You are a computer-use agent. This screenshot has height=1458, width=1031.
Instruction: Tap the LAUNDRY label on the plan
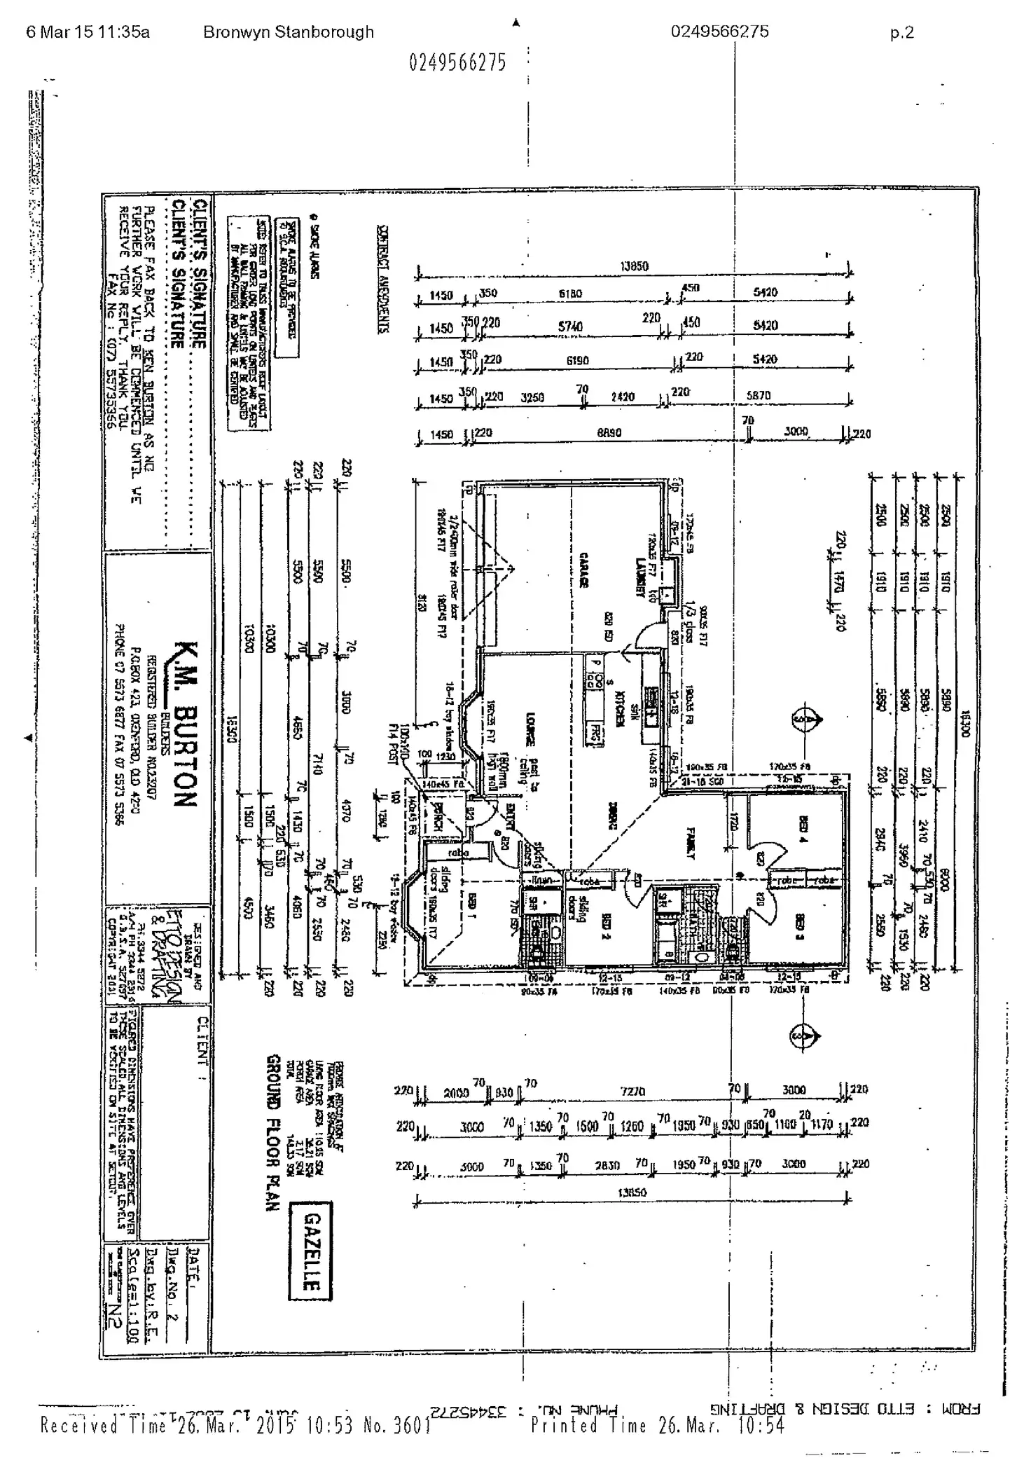click(x=639, y=577)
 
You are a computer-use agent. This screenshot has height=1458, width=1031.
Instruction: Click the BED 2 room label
click(x=603, y=926)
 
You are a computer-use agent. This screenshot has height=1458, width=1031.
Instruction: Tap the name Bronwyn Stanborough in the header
click(x=288, y=32)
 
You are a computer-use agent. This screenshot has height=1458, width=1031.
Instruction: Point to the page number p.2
click(x=901, y=32)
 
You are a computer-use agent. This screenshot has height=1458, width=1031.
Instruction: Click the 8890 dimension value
click(x=609, y=433)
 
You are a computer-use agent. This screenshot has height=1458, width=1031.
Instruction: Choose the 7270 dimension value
click(x=632, y=1091)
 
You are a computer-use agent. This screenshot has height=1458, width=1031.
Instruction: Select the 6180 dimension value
click(x=570, y=294)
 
